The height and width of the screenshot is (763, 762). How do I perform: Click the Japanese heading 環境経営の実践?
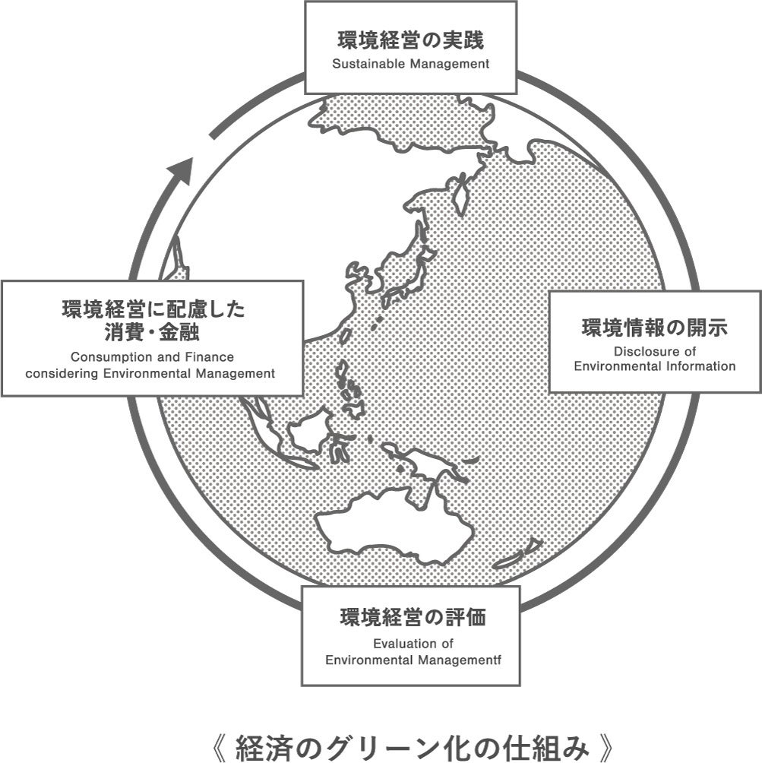point(410,40)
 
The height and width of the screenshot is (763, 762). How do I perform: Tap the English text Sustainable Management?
point(410,64)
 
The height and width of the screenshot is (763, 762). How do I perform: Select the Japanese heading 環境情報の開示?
point(654,328)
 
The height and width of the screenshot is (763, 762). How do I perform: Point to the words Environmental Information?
point(654,366)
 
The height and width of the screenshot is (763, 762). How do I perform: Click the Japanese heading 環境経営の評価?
point(412,617)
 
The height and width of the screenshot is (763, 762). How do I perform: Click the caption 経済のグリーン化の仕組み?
point(411,747)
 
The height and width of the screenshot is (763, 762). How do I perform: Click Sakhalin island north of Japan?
point(459,189)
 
